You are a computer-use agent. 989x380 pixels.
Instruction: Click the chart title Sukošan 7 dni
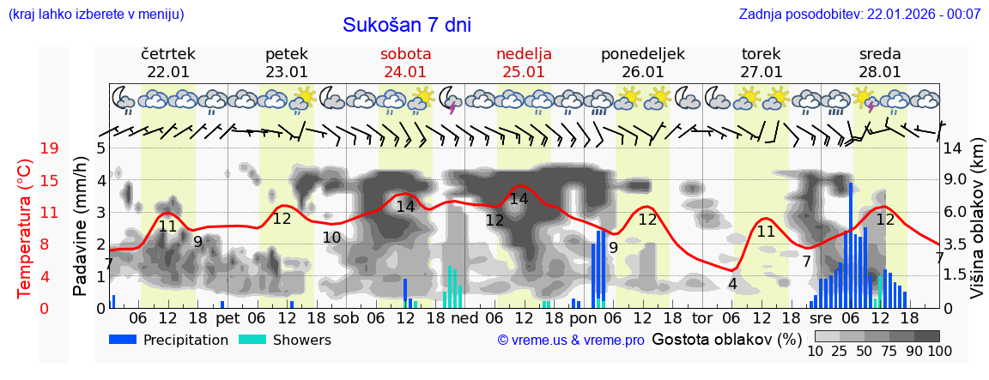coord(407,25)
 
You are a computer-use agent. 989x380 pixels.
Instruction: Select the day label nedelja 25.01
coord(524,63)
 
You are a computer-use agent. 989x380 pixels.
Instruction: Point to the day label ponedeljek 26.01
coord(643,63)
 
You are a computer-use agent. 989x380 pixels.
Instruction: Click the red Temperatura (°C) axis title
coord(25,227)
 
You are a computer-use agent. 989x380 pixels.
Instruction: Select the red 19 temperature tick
coord(49,148)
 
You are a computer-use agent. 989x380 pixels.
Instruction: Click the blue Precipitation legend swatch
coord(124,340)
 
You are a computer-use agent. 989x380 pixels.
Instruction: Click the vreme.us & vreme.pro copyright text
coord(571,341)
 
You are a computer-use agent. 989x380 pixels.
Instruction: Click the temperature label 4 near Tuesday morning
coord(732,284)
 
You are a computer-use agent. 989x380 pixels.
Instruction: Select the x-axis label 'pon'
coord(583,317)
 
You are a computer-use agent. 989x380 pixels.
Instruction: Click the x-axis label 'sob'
coord(346,317)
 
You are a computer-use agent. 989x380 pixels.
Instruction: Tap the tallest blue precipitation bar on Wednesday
coord(851,244)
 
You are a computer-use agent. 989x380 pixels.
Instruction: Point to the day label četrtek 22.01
coord(168,63)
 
